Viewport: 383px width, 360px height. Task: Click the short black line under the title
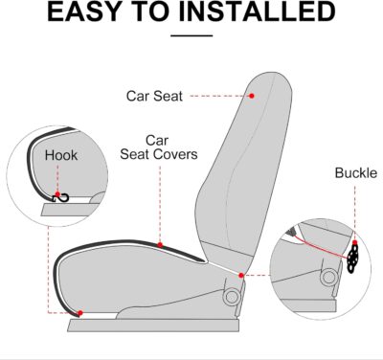(191, 35)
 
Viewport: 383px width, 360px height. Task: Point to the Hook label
(60, 154)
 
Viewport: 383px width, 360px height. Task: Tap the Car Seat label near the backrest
(154, 96)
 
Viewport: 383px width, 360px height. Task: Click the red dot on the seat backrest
(252, 95)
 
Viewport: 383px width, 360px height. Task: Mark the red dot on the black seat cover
(160, 245)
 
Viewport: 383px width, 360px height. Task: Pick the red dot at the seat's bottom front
(79, 314)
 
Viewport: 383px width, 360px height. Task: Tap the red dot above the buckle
(353, 241)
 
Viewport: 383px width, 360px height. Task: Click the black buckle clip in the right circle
(353, 257)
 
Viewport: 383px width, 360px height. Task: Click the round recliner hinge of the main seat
(231, 297)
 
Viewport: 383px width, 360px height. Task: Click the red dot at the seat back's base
(241, 276)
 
